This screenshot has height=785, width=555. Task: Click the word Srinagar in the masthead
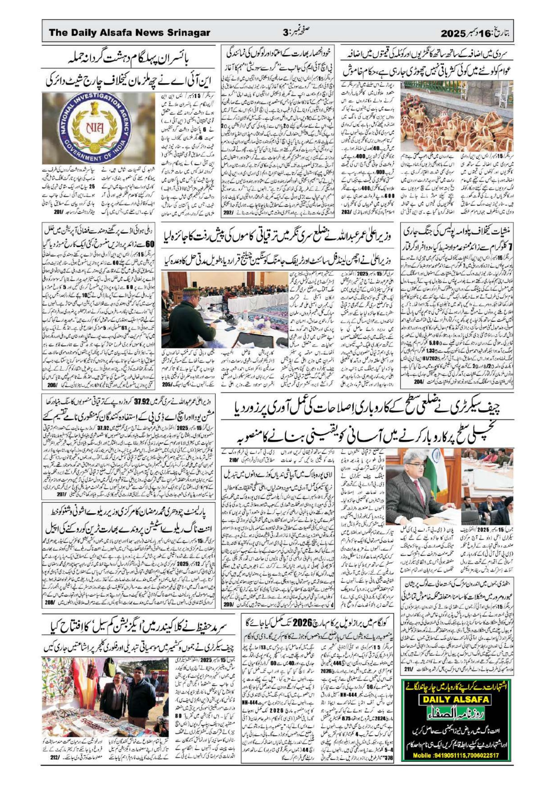pyautogui.click(x=188, y=33)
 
